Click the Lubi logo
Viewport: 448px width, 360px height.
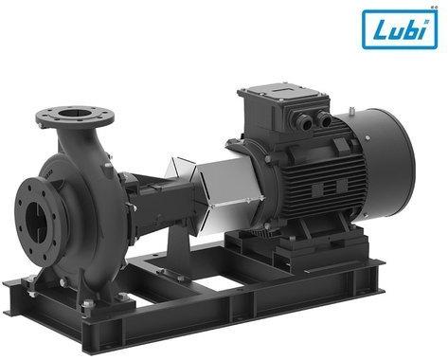point(400,29)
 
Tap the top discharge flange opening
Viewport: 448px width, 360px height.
point(75,113)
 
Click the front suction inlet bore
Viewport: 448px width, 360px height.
point(38,221)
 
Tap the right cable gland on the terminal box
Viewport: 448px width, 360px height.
point(324,119)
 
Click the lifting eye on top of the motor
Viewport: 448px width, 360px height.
point(352,111)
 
